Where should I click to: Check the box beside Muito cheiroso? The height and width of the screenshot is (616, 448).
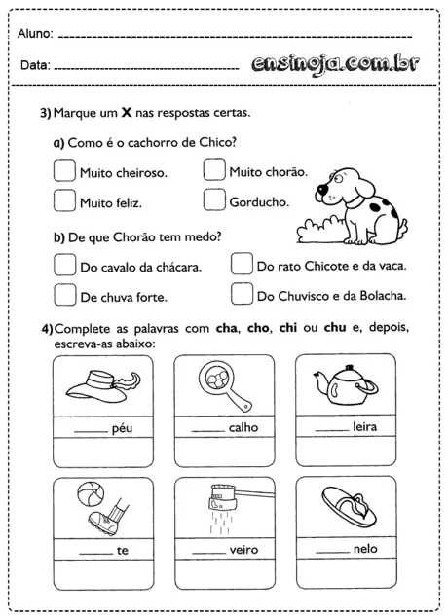click(x=63, y=171)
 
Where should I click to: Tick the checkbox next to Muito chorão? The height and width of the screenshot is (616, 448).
click(x=214, y=171)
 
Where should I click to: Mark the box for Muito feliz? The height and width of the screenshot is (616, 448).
click(x=63, y=201)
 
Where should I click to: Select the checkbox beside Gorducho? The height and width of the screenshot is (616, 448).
click(x=214, y=201)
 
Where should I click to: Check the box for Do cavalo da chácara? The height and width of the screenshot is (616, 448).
click(x=63, y=265)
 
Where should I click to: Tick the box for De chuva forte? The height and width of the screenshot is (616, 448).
click(x=63, y=294)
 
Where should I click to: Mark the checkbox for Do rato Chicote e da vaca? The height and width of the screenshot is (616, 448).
click(x=242, y=265)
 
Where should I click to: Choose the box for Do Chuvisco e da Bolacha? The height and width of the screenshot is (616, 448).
click(x=242, y=294)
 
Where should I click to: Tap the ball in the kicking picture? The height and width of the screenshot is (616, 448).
click(x=86, y=493)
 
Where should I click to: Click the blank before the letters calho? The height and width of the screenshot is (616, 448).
click(x=207, y=427)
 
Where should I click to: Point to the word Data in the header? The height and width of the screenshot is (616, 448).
click(x=33, y=66)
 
